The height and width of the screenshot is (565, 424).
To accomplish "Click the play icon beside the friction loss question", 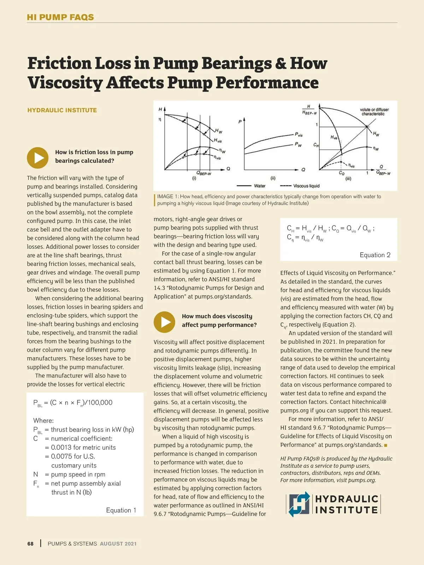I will pyautogui.click(x=38, y=158).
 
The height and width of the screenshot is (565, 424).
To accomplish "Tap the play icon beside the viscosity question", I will pyautogui.click(x=164, y=322).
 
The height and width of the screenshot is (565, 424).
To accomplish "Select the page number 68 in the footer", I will pyautogui.click(x=30, y=544).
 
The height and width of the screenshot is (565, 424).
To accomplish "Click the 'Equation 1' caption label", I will pyautogui.click(x=121, y=510).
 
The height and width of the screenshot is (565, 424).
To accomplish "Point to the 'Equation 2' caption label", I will pyautogui.click(x=375, y=255).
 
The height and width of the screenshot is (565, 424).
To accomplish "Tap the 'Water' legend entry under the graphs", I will pyautogui.click(x=260, y=186).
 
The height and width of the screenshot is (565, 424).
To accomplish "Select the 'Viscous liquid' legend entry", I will pyautogui.click(x=306, y=186).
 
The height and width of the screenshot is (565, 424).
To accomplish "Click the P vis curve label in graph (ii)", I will pyautogui.click(x=299, y=135).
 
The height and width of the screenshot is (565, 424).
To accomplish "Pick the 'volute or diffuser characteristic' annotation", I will pyautogui.click(x=374, y=112).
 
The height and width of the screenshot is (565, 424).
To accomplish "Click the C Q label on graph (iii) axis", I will pyautogui.click(x=341, y=173).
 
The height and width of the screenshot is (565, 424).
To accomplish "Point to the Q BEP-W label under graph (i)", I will pyautogui.click(x=204, y=173).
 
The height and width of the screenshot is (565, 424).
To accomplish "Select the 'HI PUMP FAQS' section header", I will pyautogui.click(x=60, y=17).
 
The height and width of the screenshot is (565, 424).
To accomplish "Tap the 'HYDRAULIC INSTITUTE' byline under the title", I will pyautogui.click(x=62, y=110).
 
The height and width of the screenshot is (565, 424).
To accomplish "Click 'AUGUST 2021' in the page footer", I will pyautogui.click(x=118, y=544).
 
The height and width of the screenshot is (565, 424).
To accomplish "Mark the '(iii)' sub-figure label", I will pyautogui.click(x=348, y=179).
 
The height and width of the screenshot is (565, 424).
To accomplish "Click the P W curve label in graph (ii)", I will pyautogui.click(x=299, y=145).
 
